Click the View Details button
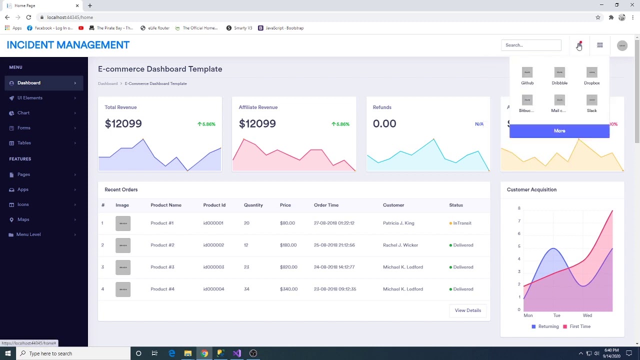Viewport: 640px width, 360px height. [x=467, y=310]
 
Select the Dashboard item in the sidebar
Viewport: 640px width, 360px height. [x=29, y=83]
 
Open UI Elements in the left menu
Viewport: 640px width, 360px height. [x=30, y=98]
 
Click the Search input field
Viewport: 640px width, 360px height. [x=531, y=45]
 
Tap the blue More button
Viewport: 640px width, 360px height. [x=559, y=131]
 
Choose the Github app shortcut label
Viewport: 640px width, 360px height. [x=527, y=83]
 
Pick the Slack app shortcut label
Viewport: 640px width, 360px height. [x=591, y=110]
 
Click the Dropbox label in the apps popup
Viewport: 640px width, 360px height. [x=591, y=83]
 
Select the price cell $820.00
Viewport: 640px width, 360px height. [x=288, y=267]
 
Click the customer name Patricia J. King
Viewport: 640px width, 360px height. [x=398, y=223]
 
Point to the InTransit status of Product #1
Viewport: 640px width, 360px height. [x=462, y=223]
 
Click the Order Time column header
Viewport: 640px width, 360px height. [x=326, y=205]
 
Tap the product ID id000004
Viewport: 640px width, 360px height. [x=213, y=289]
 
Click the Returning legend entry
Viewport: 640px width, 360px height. [x=548, y=326]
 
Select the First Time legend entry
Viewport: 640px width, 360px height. [x=579, y=326]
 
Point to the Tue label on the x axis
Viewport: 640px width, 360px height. [x=556, y=315]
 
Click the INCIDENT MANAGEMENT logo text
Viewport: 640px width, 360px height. [x=68, y=45]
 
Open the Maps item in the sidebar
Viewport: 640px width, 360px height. [x=23, y=219]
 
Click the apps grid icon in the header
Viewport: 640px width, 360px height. [x=599, y=45]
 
